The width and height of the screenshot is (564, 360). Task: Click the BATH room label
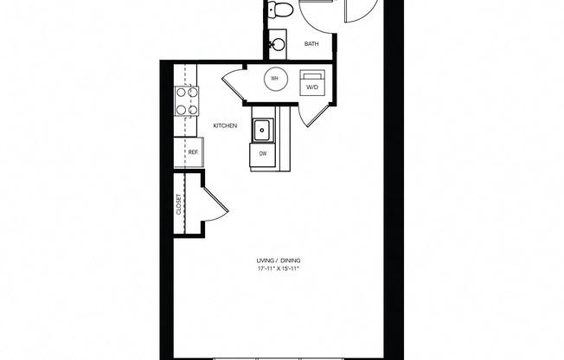point(312,43)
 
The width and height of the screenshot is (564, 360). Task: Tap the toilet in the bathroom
point(279,10)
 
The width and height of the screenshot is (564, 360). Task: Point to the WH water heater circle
point(274,79)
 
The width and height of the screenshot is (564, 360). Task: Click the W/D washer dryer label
point(311,85)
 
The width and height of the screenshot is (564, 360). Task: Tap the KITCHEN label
point(225,126)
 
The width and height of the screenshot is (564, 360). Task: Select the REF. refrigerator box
point(193,153)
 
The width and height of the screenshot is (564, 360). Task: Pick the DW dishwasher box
point(262,154)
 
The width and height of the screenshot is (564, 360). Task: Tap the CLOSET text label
point(179,204)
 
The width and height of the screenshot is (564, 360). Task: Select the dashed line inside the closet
point(184,204)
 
